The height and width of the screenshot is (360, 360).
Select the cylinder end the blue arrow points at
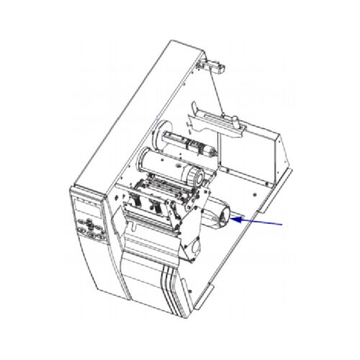(x=229, y=215)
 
